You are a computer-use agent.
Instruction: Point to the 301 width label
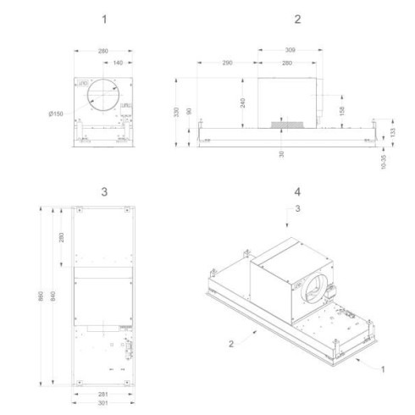click(102, 402)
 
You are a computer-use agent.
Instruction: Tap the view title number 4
click(296, 191)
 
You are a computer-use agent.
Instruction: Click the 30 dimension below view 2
click(280, 152)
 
